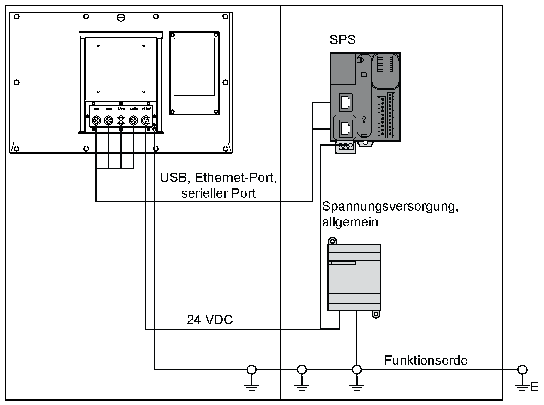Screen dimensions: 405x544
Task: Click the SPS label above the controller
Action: coord(342,40)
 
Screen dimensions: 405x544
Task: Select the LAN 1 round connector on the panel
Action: coord(121,120)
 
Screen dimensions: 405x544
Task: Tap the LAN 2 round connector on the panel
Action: coord(133,120)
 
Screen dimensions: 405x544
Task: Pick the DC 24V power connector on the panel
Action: coord(146,120)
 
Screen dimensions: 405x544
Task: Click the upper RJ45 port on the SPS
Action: coord(345,102)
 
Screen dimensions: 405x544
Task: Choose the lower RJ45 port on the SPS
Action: coord(345,128)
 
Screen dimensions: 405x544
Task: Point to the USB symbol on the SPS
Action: coord(365,119)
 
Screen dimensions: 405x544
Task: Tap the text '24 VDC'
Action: coord(209,320)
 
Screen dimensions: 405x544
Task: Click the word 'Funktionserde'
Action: coord(426,360)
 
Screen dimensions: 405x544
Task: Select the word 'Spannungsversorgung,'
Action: coord(390,207)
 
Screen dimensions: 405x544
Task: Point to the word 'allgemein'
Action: coord(350,222)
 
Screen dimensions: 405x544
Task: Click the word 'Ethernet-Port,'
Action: coord(236,178)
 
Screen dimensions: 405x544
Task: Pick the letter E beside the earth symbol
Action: coord(535,387)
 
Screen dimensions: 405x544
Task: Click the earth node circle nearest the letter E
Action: coord(522,369)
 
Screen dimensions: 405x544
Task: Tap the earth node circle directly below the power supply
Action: coord(357,369)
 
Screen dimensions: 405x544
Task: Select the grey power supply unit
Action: coord(354,278)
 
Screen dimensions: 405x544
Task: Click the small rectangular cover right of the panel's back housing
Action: coord(194,73)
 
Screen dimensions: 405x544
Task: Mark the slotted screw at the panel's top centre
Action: coord(121,17)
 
